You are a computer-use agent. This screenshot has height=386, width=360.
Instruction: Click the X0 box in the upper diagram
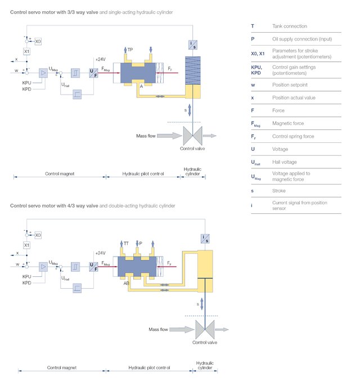[x=38, y=41]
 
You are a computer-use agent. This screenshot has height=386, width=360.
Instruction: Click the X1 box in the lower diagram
[x=26, y=245]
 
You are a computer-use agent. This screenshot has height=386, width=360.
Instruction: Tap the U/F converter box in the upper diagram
[x=93, y=73]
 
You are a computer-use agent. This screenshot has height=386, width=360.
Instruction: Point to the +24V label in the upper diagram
[x=101, y=59]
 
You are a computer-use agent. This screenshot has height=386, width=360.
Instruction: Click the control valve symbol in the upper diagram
[x=193, y=136]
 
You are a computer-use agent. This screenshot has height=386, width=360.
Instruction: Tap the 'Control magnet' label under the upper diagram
[x=60, y=174]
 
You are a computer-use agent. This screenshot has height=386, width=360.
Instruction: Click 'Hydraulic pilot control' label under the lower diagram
[x=146, y=367]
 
